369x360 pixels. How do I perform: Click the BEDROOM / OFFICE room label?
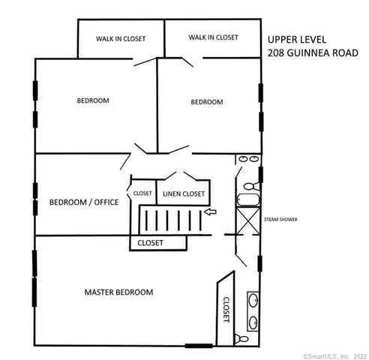[x=84, y=202]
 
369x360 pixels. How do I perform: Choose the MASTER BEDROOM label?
[x=118, y=292]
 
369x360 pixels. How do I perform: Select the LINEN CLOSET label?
[x=183, y=194]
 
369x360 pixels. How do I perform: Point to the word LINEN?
[x=172, y=194]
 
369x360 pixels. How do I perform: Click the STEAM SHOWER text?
[x=280, y=220]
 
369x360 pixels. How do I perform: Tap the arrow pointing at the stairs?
[x=211, y=212]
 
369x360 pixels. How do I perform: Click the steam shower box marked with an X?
[x=247, y=220]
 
